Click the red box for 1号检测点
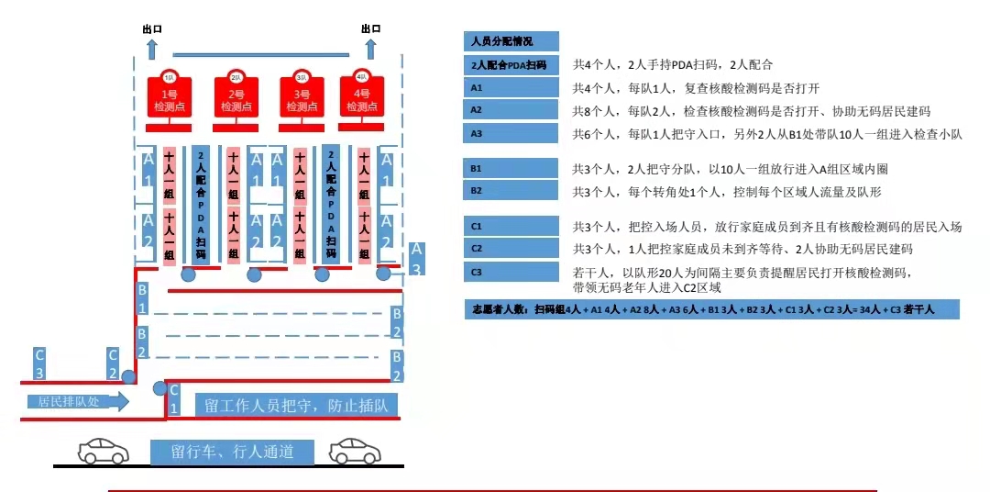tap(170, 97)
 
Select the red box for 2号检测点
tap(236, 97)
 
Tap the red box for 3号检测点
tap(302, 97)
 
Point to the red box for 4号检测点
tap(362, 97)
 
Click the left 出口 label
tap(151, 28)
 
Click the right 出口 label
tap(370, 28)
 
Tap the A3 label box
tap(416, 258)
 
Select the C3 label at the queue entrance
tap(39, 363)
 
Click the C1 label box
tap(174, 399)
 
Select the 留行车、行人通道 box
tap(232, 452)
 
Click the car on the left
tap(104, 450)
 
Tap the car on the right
tap(355, 450)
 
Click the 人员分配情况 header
tap(511, 41)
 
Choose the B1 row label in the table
tap(511, 169)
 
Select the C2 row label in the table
tap(511, 248)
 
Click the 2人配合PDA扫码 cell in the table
tap(511, 64)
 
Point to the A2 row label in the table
tap(511, 110)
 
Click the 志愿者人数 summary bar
tap(711, 309)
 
